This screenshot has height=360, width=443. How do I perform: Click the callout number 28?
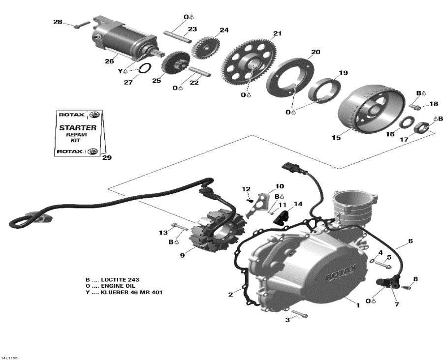tap(58, 22)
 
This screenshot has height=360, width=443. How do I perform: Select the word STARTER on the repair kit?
tap(78, 127)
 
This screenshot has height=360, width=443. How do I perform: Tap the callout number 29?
tap(107, 158)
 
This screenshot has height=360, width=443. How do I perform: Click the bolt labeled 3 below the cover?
tap(299, 313)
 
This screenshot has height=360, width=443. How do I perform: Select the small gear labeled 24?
tap(203, 45)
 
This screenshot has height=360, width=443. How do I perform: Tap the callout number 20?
tap(316, 52)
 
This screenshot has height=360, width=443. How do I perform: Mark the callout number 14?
tap(297, 204)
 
